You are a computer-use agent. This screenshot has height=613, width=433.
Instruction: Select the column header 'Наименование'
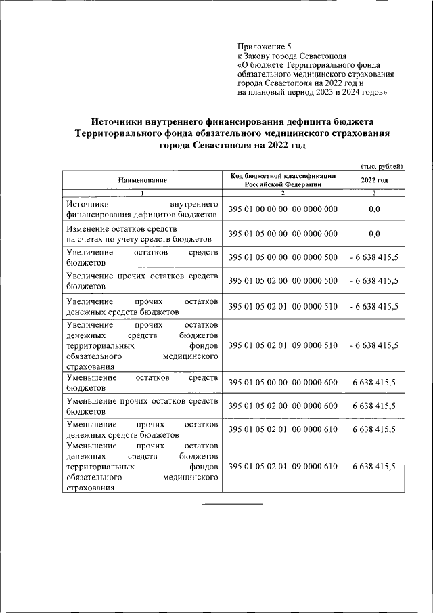[142, 180]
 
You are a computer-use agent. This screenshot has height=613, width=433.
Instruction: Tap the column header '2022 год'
[374, 180]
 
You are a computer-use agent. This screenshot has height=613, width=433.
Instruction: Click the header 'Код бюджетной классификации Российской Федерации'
[283, 179]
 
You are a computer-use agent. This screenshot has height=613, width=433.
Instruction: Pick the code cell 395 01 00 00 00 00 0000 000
[283, 209]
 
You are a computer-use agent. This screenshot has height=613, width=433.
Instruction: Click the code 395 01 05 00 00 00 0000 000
[283, 234]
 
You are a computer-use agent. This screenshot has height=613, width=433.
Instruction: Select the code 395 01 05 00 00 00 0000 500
[283, 257]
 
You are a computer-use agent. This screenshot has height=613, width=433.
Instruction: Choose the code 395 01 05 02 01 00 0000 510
[283, 306]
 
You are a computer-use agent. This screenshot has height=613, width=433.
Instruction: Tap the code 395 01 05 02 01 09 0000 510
[283, 345]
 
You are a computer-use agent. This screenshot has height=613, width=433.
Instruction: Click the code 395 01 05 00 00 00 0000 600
[283, 383]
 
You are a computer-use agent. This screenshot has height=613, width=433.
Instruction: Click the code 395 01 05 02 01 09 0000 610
[283, 467]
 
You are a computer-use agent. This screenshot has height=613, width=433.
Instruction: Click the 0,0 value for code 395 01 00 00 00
[374, 209]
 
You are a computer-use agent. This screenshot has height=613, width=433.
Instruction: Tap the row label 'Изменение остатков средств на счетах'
[142, 234]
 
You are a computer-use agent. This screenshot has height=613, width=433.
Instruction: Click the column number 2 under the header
[283, 193]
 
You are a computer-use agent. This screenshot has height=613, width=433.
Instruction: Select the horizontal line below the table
[232, 504]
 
